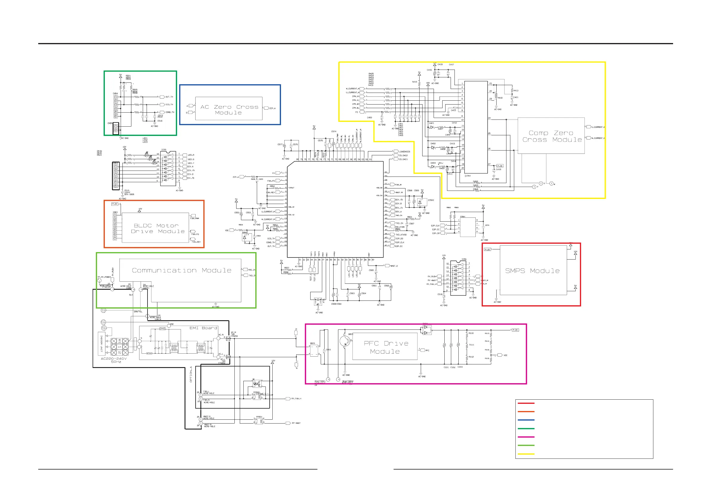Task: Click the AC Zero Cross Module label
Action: coord(229,110)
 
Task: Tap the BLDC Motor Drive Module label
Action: coord(158,228)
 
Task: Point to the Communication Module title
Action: coord(182,270)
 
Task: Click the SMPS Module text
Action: coord(532,271)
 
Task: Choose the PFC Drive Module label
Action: coord(386,347)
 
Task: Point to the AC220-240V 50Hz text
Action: coord(114,360)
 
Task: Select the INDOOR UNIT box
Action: coord(101,344)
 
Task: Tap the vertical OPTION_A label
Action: coord(191,374)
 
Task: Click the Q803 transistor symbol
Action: coord(345,341)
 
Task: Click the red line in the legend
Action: coord(526,403)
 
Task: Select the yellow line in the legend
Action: coord(526,454)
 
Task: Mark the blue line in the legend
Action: coord(526,420)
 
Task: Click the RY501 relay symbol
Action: coord(259,421)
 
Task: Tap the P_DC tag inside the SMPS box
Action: coord(487,249)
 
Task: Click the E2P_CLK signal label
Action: coord(435,226)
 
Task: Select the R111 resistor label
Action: coord(471,345)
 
